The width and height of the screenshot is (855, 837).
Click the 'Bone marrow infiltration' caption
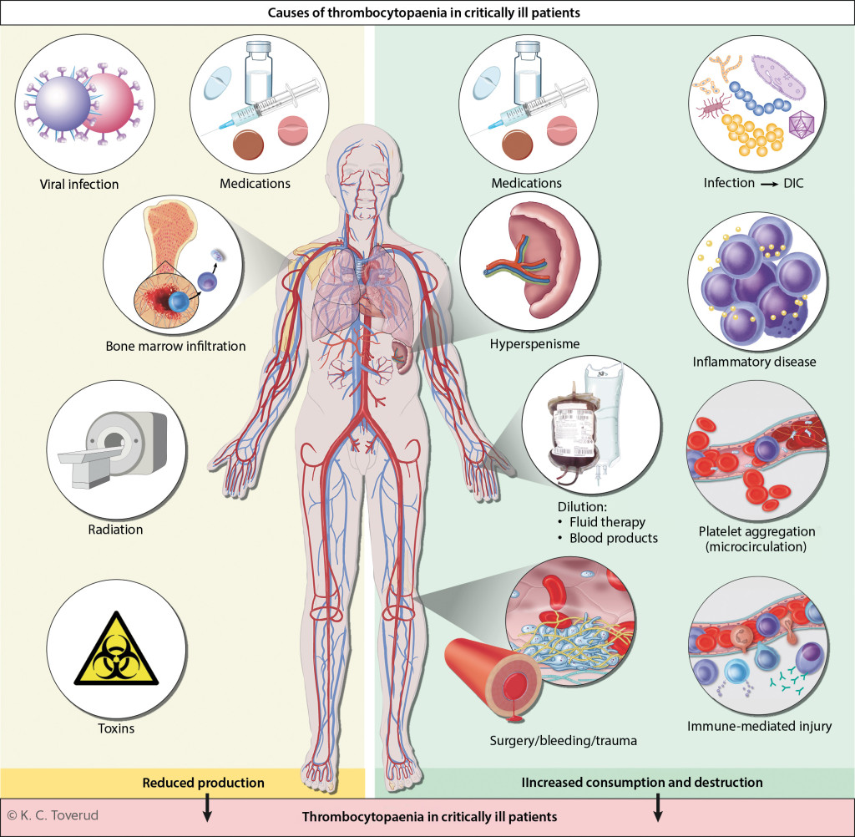point(175,345)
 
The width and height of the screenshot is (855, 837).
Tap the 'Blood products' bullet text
point(614,538)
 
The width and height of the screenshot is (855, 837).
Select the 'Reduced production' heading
point(203,783)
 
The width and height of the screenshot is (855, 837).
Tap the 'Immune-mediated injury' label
point(759,726)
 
